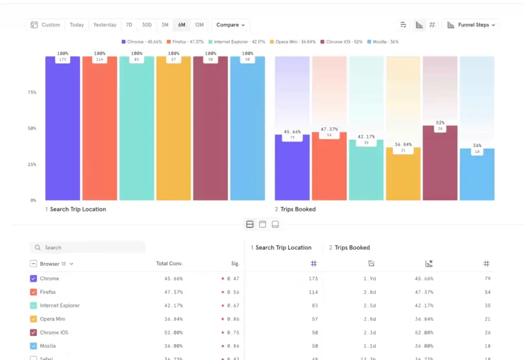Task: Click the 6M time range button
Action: pos(182,25)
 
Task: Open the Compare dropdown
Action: pos(230,25)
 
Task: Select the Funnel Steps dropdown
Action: pos(471,25)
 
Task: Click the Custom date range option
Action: pos(46,25)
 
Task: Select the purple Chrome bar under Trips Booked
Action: pos(292,169)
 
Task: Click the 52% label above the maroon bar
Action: pos(441,123)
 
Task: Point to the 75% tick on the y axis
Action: pos(32,93)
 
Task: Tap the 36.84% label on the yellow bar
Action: pos(403,144)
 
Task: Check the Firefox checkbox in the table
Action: pos(33,292)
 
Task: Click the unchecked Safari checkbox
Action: pos(33,358)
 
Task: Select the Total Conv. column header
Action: pos(169,264)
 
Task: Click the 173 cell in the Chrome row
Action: pos(313,279)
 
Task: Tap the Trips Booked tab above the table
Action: pos(350,247)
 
